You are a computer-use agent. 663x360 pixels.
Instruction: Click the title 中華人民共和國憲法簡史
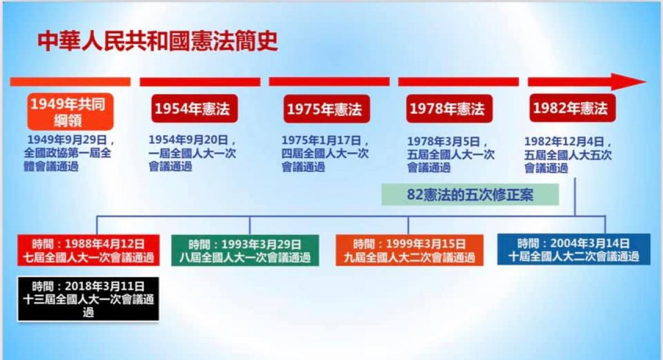158,41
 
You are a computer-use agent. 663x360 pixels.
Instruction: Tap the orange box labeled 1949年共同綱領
71,112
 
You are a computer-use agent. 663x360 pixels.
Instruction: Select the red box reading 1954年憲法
194,109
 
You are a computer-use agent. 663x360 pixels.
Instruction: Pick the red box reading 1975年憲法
327,109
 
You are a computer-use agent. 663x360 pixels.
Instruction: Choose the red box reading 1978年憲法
449,109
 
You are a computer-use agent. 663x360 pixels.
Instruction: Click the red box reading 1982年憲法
572,108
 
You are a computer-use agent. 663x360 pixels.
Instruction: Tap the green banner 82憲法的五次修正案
470,195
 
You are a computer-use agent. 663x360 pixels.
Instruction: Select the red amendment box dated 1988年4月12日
88,250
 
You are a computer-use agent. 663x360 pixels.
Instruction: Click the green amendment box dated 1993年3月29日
245,251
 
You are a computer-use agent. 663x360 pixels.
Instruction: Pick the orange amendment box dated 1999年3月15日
409,250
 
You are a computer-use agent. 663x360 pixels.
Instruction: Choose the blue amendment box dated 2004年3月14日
573,249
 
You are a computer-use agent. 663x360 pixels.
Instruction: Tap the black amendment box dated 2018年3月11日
88,299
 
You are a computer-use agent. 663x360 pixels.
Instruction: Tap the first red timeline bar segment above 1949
71,82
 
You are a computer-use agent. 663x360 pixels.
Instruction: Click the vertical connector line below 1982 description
575,197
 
